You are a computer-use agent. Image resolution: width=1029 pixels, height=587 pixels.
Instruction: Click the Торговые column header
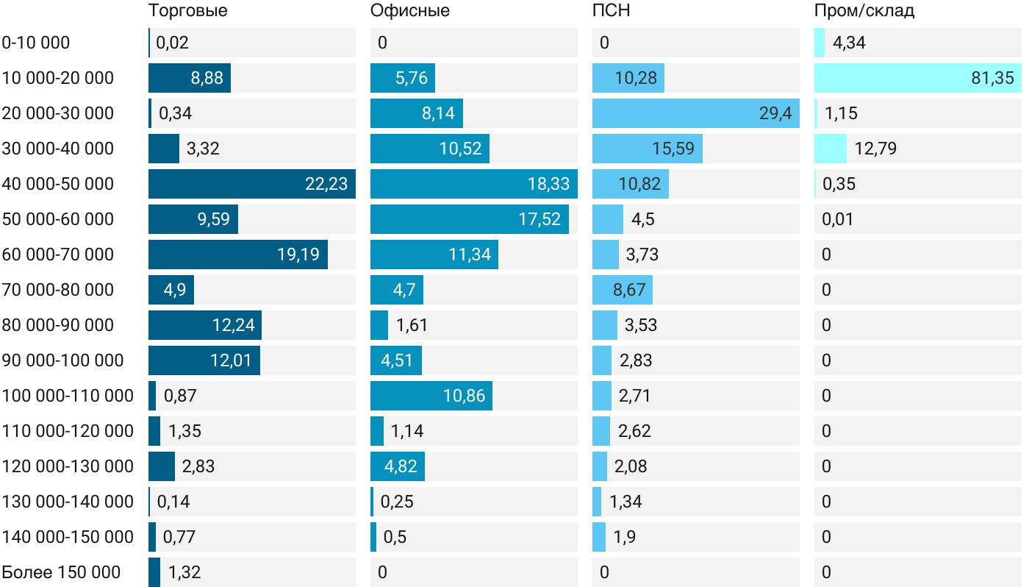click(x=187, y=11)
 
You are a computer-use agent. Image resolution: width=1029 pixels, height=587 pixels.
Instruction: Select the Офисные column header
click(x=410, y=11)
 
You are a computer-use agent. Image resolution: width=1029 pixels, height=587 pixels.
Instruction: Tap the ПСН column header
click(x=612, y=11)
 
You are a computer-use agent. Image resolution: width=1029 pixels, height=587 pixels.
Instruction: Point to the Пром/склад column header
click(x=864, y=11)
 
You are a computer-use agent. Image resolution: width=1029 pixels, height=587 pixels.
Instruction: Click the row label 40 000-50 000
click(x=58, y=184)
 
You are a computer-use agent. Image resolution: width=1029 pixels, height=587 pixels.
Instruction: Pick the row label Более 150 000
click(x=61, y=572)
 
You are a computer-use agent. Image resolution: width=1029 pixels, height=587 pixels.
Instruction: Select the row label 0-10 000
click(x=36, y=43)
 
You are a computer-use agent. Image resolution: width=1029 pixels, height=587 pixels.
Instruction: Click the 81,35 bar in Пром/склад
click(x=917, y=78)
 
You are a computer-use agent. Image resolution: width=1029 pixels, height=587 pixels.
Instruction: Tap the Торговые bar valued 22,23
click(x=251, y=184)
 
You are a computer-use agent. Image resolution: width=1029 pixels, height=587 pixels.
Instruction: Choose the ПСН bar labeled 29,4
click(x=695, y=113)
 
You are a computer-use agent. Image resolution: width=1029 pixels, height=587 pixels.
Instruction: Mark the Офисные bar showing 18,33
click(x=473, y=184)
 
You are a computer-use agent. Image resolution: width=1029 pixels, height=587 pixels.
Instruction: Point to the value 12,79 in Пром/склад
click(x=875, y=149)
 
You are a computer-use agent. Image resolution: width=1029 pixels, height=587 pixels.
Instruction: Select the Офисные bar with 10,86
click(x=431, y=396)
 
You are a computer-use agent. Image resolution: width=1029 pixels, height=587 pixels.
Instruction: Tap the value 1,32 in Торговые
click(x=184, y=572)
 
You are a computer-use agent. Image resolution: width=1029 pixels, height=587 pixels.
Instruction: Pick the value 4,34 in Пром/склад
click(x=849, y=43)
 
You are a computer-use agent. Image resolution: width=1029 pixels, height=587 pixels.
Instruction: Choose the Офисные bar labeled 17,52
click(x=469, y=219)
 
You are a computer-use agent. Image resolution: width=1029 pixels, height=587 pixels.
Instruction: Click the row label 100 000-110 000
click(x=68, y=396)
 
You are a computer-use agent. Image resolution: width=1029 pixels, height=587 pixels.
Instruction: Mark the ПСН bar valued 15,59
click(x=647, y=149)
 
